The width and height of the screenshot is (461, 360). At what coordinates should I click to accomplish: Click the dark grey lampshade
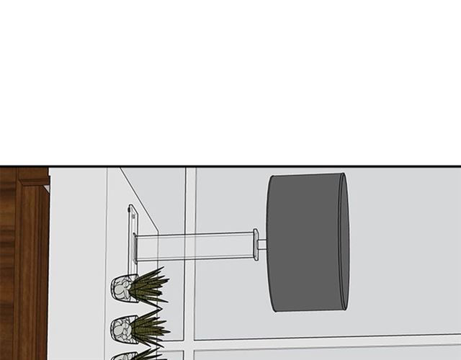click(x=306, y=242)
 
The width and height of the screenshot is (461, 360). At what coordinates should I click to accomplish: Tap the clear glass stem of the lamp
click(x=194, y=246)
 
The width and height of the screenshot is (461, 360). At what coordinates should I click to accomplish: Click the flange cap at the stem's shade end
click(x=256, y=245)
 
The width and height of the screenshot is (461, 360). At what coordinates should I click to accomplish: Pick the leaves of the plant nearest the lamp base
click(x=149, y=285)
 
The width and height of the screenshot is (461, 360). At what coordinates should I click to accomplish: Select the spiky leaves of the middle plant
click(x=149, y=328)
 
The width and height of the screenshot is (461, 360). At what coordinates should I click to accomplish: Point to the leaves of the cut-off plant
click(x=148, y=354)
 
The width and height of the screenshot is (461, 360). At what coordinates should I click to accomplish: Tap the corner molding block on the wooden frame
click(x=32, y=175)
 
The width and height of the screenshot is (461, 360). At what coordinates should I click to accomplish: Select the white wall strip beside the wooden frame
click(x=76, y=266)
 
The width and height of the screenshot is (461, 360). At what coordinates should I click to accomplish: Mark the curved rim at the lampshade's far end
click(x=344, y=242)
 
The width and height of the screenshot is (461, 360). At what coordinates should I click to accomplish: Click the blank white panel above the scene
click(x=230, y=79)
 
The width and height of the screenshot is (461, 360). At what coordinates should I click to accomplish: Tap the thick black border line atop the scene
click(x=230, y=166)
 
